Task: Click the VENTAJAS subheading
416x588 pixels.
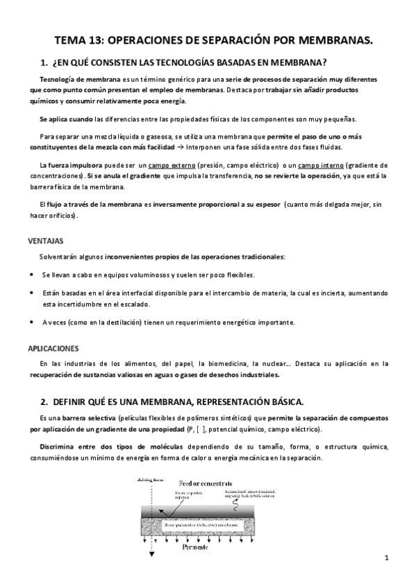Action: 46,241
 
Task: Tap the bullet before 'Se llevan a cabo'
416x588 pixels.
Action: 31,275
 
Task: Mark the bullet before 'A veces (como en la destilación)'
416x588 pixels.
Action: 31,322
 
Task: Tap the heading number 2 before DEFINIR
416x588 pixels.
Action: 44,401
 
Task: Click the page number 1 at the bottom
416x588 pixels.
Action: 386,559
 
